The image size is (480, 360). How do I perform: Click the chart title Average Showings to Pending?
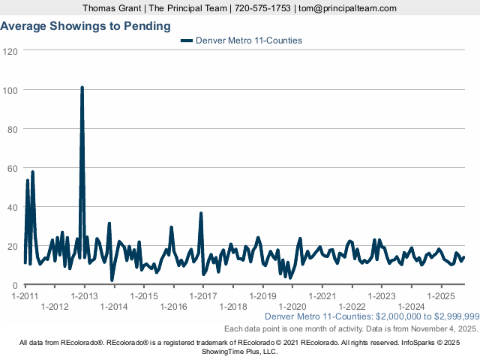(x=85, y=25)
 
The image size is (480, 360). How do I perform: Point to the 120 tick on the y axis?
(x=10, y=51)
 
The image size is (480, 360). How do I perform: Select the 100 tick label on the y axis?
(x=10, y=90)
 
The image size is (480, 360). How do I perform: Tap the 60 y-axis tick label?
(x=13, y=168)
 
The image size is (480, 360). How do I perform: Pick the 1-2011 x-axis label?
(x=25, y=296)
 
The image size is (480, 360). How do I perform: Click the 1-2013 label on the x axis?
(x=84, y=296)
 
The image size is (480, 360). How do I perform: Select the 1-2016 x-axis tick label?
(x=173, y=307)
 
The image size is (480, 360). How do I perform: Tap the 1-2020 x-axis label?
(x=292, y=307)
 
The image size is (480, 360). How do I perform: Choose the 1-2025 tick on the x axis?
(x=441, y=296)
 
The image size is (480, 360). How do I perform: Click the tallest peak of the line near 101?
(x=82, y=88)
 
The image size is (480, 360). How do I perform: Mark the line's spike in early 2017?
(x=201, y=214)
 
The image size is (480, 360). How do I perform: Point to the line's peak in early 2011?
(x=32, y=172)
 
